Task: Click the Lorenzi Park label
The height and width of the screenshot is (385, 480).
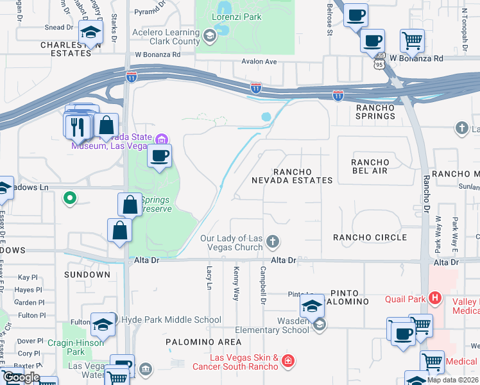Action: tap(238, 17)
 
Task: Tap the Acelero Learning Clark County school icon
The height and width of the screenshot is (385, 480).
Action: tap(209, 37)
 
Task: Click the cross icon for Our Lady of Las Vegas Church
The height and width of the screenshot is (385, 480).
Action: tap(273, 242)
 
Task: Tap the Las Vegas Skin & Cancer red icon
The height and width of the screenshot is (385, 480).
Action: tap(287, 361)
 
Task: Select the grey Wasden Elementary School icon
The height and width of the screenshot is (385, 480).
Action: tap(319, 325)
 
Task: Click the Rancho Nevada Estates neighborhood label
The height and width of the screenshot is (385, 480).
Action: tap(303, 176)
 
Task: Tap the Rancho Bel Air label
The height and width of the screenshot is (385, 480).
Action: tap(370, 166)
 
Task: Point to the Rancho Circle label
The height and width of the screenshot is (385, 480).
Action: tap(370, 238)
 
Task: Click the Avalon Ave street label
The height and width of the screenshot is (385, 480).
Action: tap(259, 62)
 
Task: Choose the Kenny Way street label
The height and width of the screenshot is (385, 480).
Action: tap(236, 283)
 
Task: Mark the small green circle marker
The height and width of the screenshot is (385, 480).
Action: tap(70, 199)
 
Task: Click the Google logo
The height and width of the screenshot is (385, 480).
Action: tap(21, 377)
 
